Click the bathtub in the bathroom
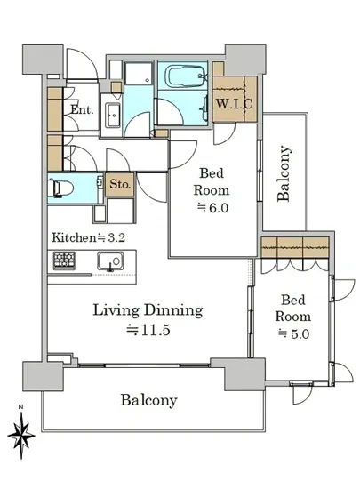[x=187, y=76]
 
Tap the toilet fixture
[x=60, y=188]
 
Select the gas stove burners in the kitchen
[x=64, y=261]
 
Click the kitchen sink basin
[x=110, y=261]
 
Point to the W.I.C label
[x=234, y=104]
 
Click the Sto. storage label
[x=120, y=184]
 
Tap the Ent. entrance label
[x=82, y=109]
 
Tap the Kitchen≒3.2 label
[x=88, y=237]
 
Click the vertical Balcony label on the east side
[x=284, y=173]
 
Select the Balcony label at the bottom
[x=149, y=400]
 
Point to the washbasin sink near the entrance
[x=113, y=115]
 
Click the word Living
[x=116, y=310]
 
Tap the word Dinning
[x=173, y=310]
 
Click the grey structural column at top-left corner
[x=43, y=60]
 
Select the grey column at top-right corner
[x=245, y=60]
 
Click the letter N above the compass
[x=20, y=406]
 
